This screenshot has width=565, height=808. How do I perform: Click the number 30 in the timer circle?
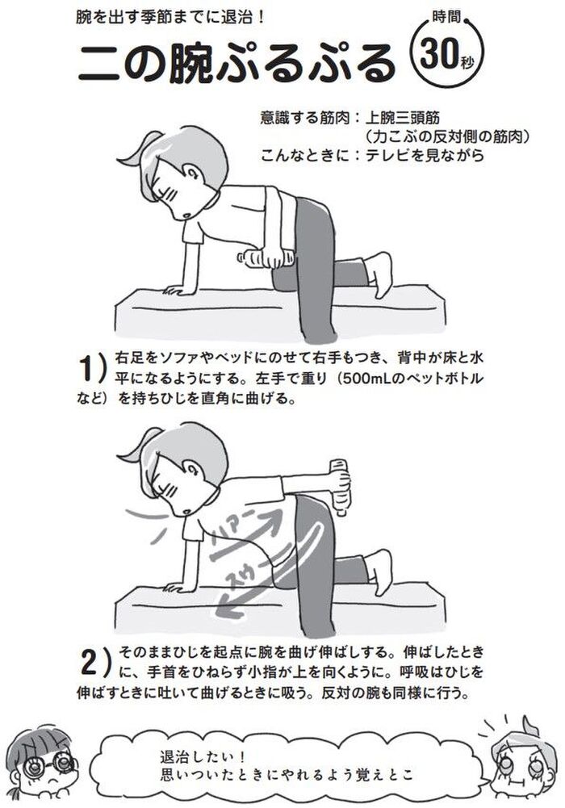439,53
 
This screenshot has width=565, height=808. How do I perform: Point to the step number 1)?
93,368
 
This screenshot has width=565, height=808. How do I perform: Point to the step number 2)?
96,663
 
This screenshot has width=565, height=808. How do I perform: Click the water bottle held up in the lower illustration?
341,487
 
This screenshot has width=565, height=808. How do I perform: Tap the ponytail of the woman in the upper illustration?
135,149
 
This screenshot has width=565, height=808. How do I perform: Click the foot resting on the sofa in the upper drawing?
378,270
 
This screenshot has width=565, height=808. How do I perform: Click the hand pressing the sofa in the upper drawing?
175,291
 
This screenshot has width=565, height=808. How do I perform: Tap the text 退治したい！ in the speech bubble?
203,757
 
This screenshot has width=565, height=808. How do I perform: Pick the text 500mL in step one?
366,379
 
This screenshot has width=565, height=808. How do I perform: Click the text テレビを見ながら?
425,155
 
